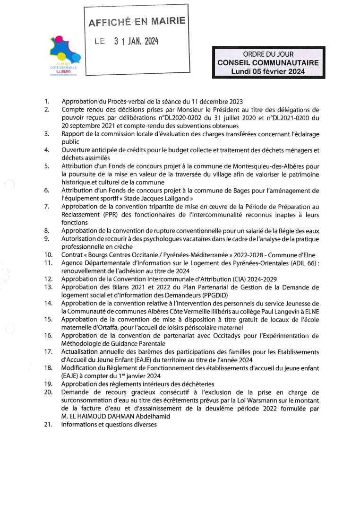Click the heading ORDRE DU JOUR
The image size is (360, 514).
point(268,54)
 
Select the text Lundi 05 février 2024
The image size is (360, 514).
point(268,71)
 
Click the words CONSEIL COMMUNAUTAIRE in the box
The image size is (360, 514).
point(268,62)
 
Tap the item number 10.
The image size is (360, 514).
point(48,255)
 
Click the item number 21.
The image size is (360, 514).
point(48,424)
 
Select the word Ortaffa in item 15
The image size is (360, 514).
point(112,327)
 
